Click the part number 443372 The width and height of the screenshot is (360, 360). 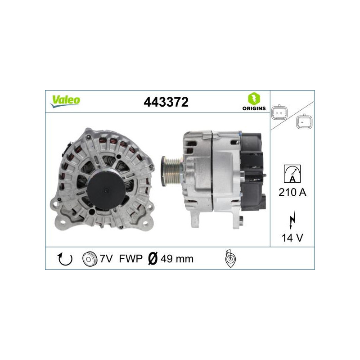(x=166, y=102)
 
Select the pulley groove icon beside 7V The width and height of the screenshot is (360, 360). (x=90, y=259)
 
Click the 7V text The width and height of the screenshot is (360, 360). (x=106, y=259)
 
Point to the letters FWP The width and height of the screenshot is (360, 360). (x=131, y=259)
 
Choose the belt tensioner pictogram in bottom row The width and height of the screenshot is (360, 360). (x=230, y=259)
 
